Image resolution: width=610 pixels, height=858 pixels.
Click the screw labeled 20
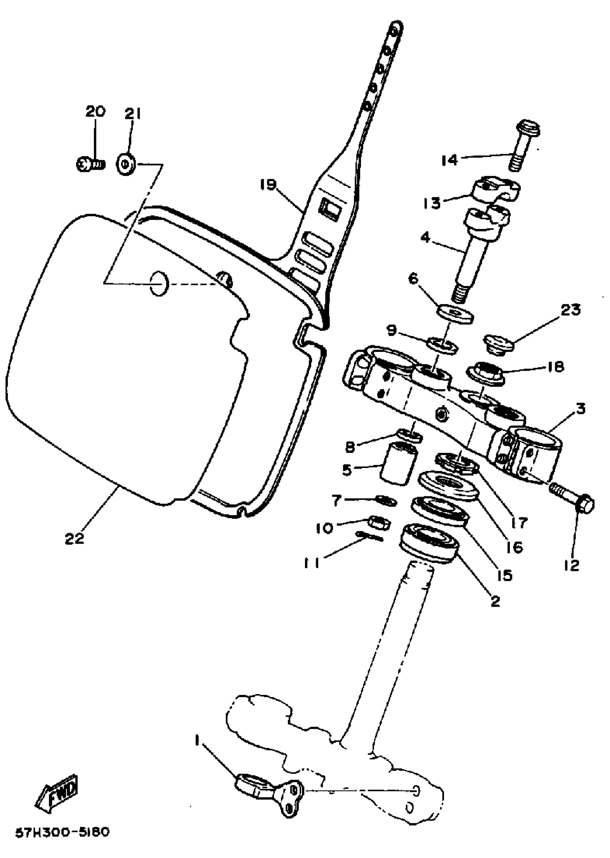tap(90, 164)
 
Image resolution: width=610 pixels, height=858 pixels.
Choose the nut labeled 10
tap(379, 522)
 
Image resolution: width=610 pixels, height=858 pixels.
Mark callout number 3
tap(581, 408)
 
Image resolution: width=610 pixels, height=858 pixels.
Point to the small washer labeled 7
tap(385, 501)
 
